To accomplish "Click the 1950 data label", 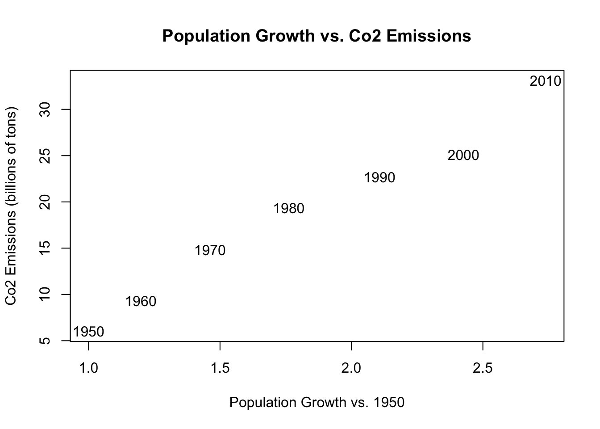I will point(88,332).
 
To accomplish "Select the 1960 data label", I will point(141,302).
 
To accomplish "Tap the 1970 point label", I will point(210,251).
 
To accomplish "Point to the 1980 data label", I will point(288,209).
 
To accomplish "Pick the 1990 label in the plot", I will point(379,178).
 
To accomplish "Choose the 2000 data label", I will point(463,156).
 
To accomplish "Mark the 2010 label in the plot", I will point(545,81).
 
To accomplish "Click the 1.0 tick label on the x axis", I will point(88,368).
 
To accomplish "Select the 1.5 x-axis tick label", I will point(220,368).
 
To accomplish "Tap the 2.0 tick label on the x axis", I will point(351,368).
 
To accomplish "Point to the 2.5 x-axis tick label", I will point(483,368).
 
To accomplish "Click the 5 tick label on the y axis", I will point(45,341).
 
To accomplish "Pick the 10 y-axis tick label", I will point(45,294).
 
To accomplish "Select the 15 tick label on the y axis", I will point(45,248).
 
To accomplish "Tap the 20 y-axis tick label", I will point(45,202).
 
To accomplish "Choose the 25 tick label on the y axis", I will point(45,156).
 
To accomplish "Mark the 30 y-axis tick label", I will point(45,109).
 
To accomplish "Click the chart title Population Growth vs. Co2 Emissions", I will point(317,36).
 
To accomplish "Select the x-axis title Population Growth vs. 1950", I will point(317,403).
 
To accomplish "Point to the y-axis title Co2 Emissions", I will point(11,206).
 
